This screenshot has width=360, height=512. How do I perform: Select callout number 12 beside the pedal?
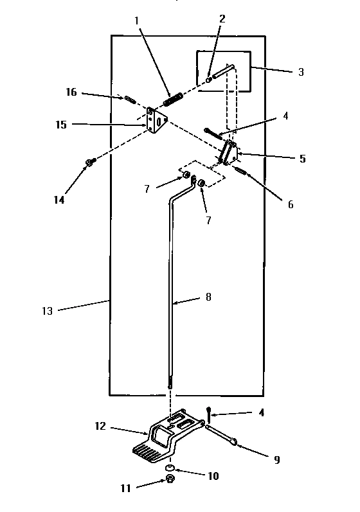tap(100, 426)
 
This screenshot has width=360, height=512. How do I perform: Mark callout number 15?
tap(60, 125)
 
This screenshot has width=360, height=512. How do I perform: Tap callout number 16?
tap(71, 93)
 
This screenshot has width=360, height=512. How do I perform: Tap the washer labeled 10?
tap(170, 466)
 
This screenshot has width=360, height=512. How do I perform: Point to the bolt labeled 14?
tap(89, 163)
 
